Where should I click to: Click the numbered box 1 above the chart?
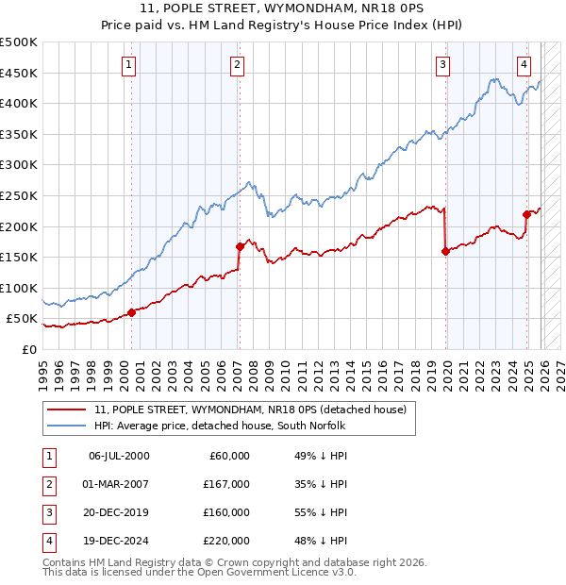pos(128,65)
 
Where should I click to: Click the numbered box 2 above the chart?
pos(237,65)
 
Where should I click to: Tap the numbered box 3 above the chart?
pos(442,65)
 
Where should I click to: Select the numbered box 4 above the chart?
pos(524,65)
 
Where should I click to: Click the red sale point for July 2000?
pos(131,312)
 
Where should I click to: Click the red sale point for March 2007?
pos(240,247)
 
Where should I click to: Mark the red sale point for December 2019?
pos(445,251)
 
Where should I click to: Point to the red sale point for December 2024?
pos(526,214)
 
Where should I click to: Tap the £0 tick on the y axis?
pos(29,349)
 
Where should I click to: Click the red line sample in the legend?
pos(66,409)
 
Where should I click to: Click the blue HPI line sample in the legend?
pos(66,426)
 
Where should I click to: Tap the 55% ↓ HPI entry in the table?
pos(322,512)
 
